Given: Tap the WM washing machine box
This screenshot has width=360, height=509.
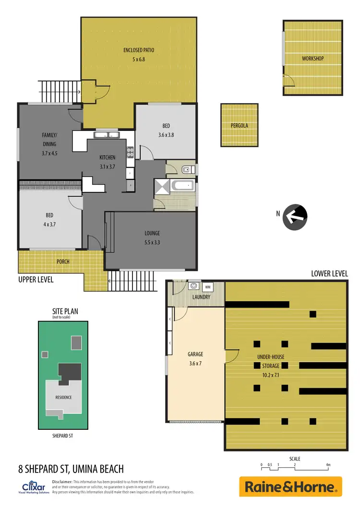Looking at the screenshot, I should point(208,287).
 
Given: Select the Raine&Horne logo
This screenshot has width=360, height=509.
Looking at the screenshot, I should point(290,487).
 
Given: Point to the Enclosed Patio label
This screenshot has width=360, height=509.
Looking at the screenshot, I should point(138,50).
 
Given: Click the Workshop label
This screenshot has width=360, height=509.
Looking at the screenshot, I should point(312,59).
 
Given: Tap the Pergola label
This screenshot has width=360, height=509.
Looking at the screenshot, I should point(240,126).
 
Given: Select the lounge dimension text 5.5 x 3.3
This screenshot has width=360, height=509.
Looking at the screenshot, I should point(152,242).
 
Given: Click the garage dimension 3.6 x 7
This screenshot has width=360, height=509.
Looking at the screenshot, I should point(195,363).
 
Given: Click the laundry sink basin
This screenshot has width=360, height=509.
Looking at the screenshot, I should point(193,286).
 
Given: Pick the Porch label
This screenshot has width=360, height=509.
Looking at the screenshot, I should point(63,261).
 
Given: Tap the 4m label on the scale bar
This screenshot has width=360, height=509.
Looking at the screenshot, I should point(328,465).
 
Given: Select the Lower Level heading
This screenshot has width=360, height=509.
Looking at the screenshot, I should point(329,273).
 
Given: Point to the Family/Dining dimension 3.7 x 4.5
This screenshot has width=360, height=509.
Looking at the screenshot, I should point(49,154).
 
